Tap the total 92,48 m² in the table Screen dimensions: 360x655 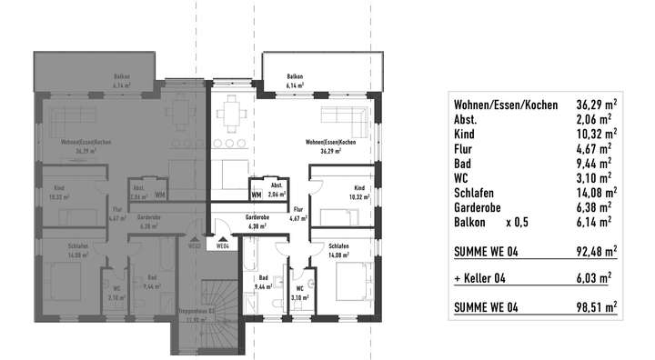point(595,248)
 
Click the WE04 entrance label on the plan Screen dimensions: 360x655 point(223,245)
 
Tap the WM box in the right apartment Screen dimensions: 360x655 point(256,194)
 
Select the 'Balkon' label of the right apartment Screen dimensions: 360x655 point(295,76)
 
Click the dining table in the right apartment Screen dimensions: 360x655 point(236,113)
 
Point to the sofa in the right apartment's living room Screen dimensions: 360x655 point(345,116)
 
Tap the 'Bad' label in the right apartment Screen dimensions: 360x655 point(262,278)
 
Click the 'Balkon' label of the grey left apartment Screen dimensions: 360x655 point(123,77)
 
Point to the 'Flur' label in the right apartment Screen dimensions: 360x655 point(297,210)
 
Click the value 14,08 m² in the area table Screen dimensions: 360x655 point(595,192)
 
